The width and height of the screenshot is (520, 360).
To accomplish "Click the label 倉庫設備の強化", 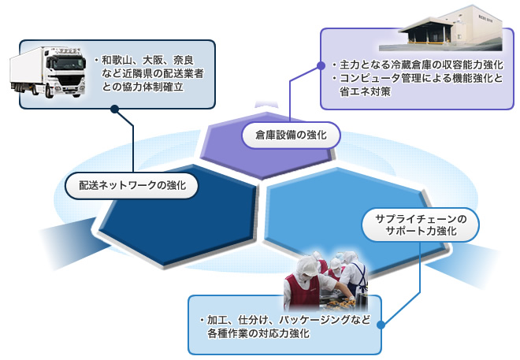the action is (291, 135).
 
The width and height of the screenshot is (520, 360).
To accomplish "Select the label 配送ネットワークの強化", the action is (132, 186).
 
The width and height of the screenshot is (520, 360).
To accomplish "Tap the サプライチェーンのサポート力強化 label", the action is (421, 225).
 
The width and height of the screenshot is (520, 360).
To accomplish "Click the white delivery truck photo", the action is (48, 72).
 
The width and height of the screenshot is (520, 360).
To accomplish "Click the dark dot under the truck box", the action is (115, 109).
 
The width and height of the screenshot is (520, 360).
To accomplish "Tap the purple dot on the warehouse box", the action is (321, 65).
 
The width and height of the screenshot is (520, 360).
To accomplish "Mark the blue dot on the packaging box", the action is (381, 325).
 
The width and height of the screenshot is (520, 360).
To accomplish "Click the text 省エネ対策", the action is (365, 92).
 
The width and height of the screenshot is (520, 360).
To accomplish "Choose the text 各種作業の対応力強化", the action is (258, 333).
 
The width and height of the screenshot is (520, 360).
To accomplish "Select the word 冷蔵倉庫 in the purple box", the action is (411, 65).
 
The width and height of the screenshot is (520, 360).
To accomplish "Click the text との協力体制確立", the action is (143, 87).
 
